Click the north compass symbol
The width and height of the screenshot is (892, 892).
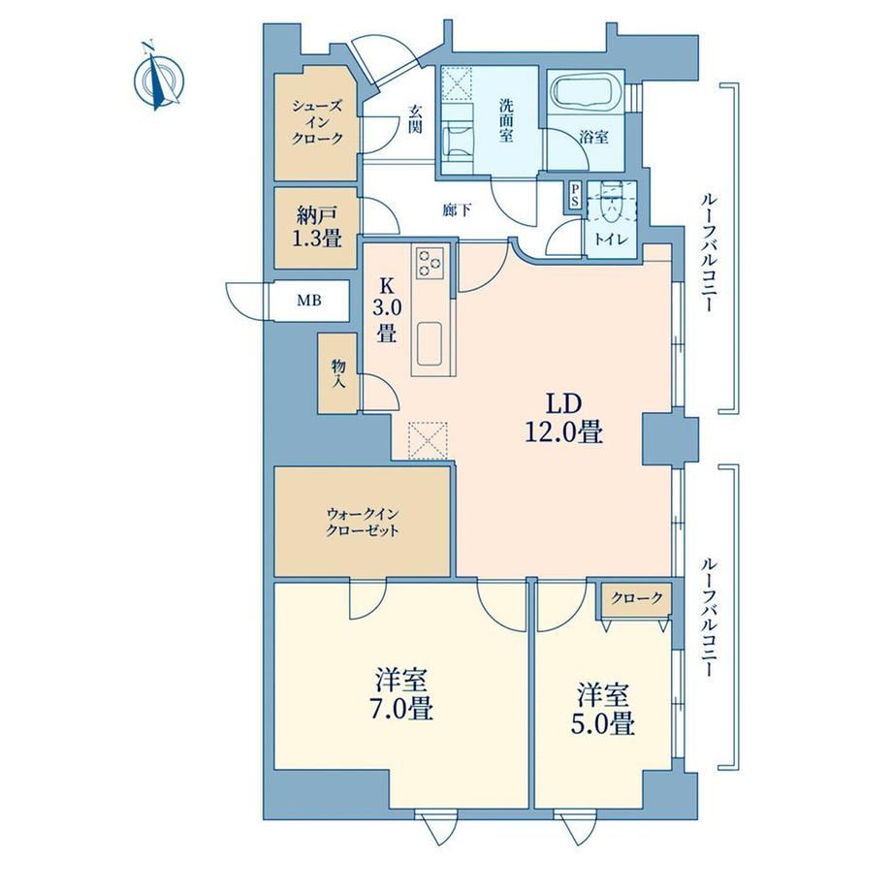click(x=158, y=77)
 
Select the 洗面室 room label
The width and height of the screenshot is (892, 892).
click(x=506, y=120)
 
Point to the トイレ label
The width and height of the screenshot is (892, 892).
click(x=612, y=239)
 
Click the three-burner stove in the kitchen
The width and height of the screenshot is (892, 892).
click(x=431, y=263)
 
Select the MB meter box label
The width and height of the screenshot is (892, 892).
click(x=309, y=300)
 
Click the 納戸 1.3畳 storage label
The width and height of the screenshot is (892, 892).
click(x=317, y=227)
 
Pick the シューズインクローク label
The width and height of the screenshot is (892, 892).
click(x=317, y=121)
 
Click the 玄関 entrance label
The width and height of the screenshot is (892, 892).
click(x=415, y=118)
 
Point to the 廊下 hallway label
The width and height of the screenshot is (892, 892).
click(x=457, y=210)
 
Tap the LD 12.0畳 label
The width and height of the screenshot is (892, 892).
click(x=563, y=418)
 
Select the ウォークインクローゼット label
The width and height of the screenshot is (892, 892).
click(x=363, y=523)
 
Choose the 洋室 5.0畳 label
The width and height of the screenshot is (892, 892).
click(x=604, y=710)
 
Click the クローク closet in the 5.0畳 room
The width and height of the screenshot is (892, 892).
click(x=637, y=598)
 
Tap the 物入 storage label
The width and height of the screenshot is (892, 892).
click(x=339, y=373)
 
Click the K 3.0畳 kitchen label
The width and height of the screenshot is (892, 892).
click(x=387, y=309)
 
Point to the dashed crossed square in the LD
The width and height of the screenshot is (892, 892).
click(x=428, y=440)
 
